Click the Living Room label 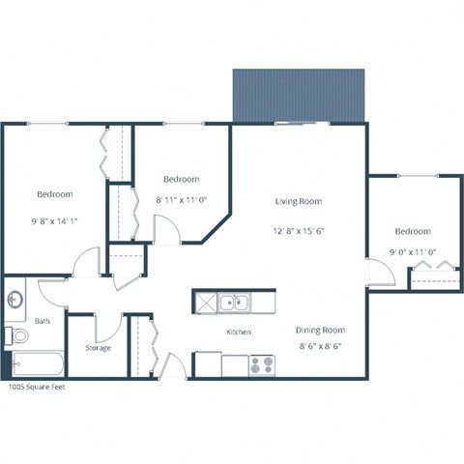(x=298, y=201)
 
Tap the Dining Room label (x=319, y=330)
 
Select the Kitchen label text (x=239, y=332)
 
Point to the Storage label (x=98, y=347)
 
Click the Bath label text (x=43, y=320)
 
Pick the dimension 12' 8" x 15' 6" (x=298, y=232)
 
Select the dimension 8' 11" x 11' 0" (x=182, y=200)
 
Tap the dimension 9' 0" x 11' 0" (x=412, y=252)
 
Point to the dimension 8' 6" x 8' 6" (x=319, y=345)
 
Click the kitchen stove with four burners (x=262, y=365)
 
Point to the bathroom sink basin (x=15, y=301)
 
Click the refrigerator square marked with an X (x=206, y=304)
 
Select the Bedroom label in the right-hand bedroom (x=412, y=231)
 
